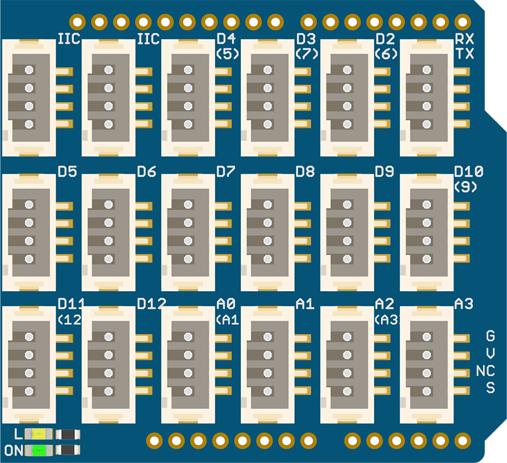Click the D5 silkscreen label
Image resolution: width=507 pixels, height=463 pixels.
[x=67, y=171]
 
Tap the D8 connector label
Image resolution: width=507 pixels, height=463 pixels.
[x=305, y=171]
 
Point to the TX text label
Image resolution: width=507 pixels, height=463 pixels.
[x=465, y=54]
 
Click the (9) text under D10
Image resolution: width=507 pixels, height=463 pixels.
[x=466, y=187]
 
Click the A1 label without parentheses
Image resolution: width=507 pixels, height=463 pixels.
[x=305, y=304]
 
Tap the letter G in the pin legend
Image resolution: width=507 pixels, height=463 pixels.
[x=490, y=336]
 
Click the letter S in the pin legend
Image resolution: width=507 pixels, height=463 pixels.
[x=490, y=388]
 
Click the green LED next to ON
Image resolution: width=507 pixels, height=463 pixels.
[x=40, y=450]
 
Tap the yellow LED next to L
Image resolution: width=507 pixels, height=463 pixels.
[x=40, y=434]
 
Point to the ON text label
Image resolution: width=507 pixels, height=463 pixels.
[x=14, y=451]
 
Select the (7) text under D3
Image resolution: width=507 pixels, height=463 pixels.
[x=307, y=54]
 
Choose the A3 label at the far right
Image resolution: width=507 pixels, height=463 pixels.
[x=464, y=304]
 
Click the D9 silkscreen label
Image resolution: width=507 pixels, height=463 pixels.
[x=385, y=171]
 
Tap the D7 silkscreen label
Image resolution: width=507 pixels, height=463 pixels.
[x=226, y=171]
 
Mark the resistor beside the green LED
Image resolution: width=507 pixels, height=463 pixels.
[x=68, y=450]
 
